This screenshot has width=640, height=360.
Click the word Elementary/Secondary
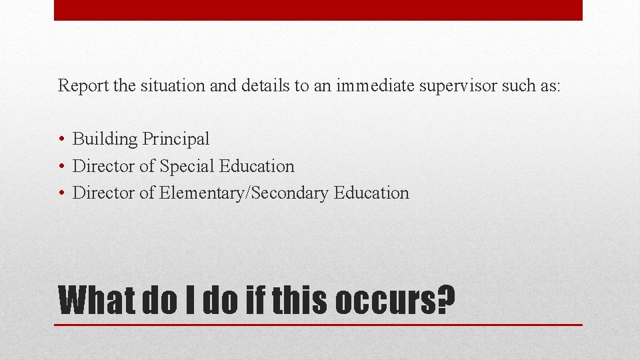[x=244, y=193]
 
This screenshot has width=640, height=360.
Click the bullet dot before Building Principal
[x=61, y=139]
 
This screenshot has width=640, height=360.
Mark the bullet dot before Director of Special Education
[x=61, y=166]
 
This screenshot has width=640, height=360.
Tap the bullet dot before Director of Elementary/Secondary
[x=61, y=193]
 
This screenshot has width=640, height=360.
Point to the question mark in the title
[x=446, y=301]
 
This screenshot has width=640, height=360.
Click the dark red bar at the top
[x=318, y=10]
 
